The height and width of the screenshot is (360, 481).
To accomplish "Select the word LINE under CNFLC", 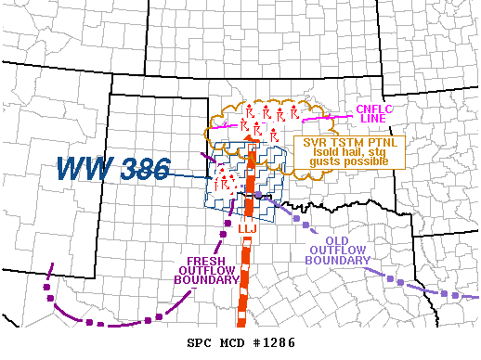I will click(x=370, y=121).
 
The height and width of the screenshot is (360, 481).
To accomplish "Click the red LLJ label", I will click(x=247, y=227).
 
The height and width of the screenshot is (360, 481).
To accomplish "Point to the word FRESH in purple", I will click(x=202, y=261).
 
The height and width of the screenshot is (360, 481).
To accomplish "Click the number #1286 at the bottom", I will click(x=272, y=341).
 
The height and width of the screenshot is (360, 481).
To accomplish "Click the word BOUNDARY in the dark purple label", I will click(x=202, y=282).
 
